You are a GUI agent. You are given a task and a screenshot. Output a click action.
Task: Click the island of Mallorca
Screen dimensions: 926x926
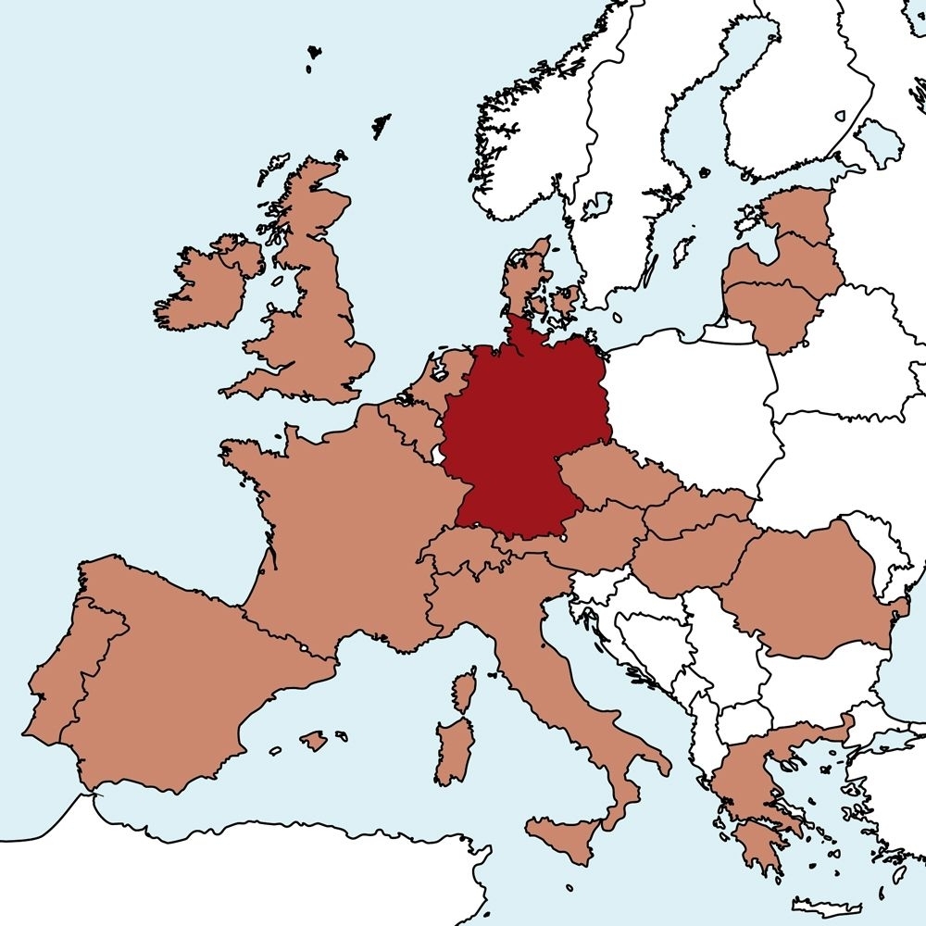pyautogui.click(x=314, y=741)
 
